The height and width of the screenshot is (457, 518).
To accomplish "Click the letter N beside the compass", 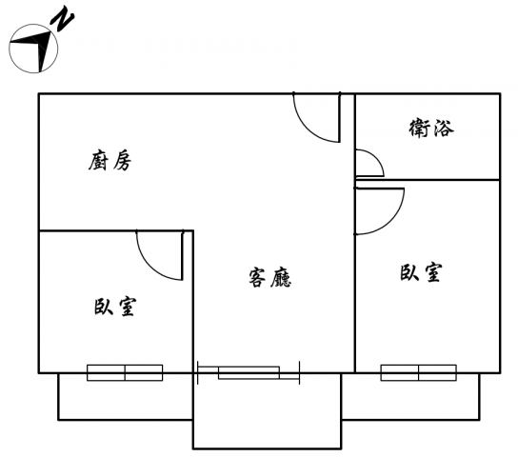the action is coord(62,21).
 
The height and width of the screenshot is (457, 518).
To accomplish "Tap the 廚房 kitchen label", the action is coord(110,161).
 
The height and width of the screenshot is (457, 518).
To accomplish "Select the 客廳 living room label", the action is coord(269,278).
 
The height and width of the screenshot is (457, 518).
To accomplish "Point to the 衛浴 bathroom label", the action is coord(431,129).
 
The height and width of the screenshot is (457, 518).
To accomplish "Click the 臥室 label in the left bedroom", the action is coord(115,308).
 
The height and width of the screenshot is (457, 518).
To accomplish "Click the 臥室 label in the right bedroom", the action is coord(421,272).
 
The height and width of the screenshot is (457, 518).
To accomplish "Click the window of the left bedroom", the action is coord(125,373).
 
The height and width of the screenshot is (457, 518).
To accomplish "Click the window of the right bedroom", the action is coord(419,373).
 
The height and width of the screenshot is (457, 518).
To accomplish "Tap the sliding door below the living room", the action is coord(249,373).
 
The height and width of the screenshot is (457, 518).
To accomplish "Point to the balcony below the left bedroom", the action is coord(125,397).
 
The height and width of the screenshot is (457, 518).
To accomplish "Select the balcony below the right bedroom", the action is coord(410,397).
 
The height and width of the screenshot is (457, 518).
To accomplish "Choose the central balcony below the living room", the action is coord(267,411).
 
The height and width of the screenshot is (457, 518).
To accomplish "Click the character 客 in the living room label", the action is coord(257,278).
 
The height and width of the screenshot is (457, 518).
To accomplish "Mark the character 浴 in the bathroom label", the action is coord(444,129).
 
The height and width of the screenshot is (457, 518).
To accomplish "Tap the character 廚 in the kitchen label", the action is coord(98,161).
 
